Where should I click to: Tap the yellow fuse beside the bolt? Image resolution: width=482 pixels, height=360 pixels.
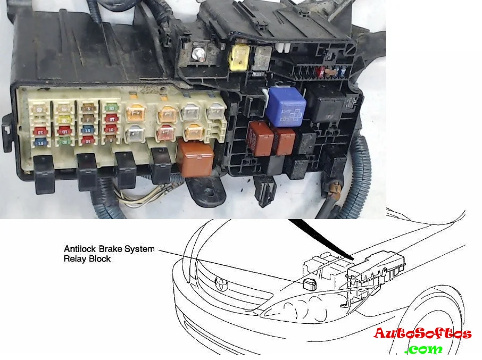(238, 56)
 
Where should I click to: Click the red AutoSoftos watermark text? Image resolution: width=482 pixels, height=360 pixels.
(422, 334)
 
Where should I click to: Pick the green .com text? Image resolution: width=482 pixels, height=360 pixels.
(423, 349)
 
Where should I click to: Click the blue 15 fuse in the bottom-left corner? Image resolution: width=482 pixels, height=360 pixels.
(39, 142)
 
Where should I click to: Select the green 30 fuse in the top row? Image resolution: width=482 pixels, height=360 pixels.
(111, 108)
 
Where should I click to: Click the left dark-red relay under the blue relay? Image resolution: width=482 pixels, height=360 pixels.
(260, 138)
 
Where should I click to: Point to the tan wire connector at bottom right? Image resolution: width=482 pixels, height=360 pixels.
(335, 188)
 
